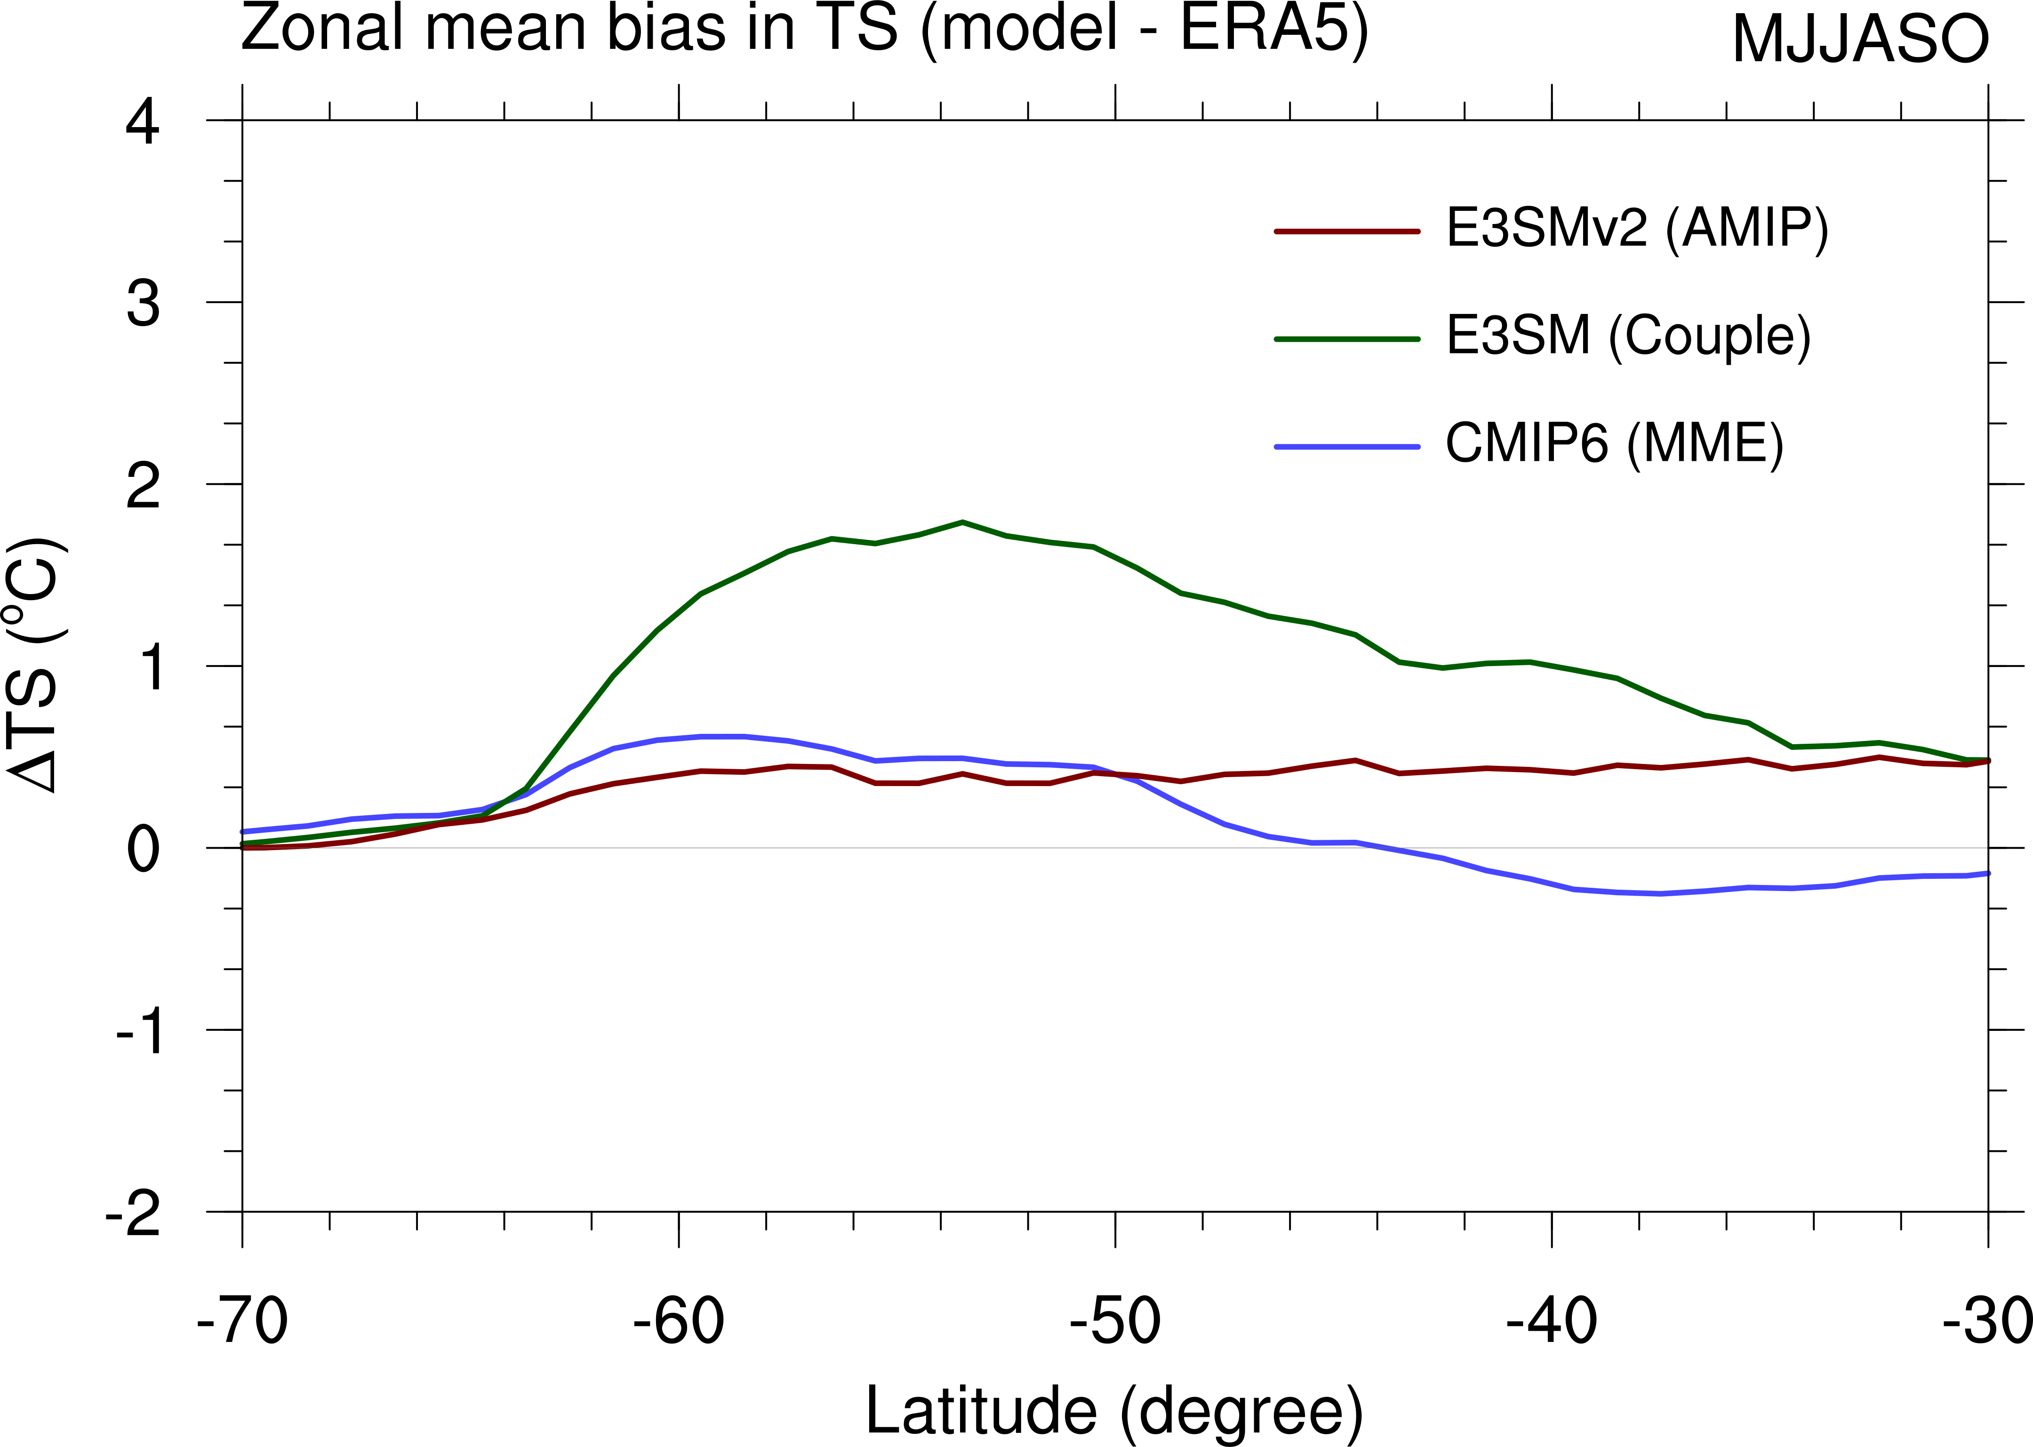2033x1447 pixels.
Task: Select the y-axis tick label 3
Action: [x=143, y=304]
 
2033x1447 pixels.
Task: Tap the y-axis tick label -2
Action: [x=134, y=1214]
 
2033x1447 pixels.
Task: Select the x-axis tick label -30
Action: [x=1987, y=1320]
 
